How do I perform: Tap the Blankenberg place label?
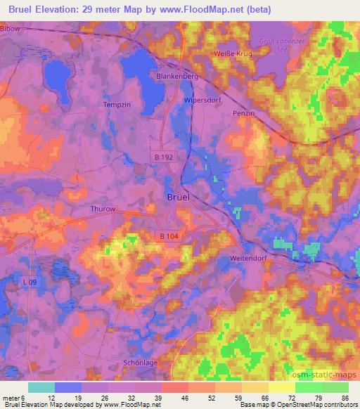176,76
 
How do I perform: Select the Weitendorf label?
247,258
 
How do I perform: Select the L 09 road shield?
29,282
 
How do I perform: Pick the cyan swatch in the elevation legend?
41,387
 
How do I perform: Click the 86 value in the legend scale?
344,396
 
